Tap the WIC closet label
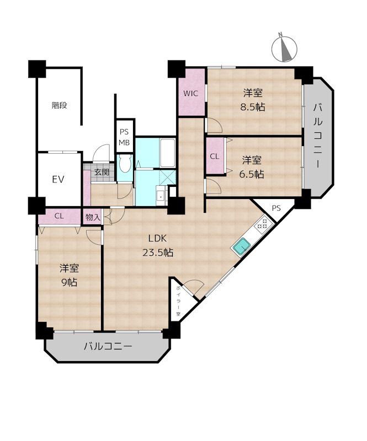[x=190, y=93]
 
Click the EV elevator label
[x=58, y=179]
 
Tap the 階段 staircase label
[x=59, y=105]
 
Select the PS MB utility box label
[x=124, y=137]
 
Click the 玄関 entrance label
[x=102, y=172]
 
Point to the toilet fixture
[x=125, y=164]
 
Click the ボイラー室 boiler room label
[x=179, y=300]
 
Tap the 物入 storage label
[x=93, y=217]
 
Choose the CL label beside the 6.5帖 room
[x=214, y=157]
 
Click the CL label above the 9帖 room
[x=59, y=216]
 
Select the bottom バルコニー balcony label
[x=108, y=347]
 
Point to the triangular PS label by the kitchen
[x=276, y=208]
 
